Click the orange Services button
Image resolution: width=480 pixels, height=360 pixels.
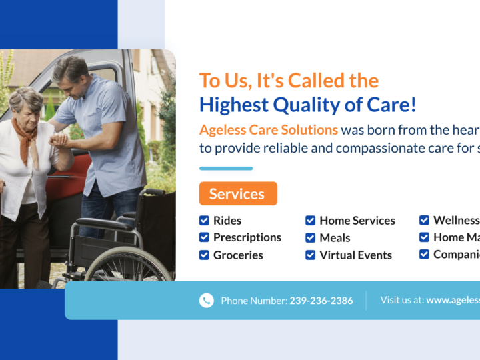(238, 194)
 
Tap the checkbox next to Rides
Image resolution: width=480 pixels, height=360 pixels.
(204, 220)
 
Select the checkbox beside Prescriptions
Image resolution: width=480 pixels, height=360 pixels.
(204, 237)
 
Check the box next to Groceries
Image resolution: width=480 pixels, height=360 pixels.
(204, 255)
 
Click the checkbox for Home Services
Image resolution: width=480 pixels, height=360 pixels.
(311, 220)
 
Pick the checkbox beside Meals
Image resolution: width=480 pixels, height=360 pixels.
(311, 237)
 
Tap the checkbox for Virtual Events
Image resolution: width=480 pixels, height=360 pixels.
(311, 255)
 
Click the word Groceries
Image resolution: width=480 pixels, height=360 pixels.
(238, 255)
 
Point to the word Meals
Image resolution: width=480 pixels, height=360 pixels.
(335, 238)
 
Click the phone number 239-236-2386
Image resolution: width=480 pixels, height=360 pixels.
(321, 301)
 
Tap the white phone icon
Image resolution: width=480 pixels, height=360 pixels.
(207, 301)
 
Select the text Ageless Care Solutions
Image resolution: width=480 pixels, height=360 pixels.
(268, 129)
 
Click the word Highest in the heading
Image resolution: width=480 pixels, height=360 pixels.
(231, 105)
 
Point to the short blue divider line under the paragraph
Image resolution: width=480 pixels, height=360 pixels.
(226, 168)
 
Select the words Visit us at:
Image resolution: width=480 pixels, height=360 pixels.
(401, 300)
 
